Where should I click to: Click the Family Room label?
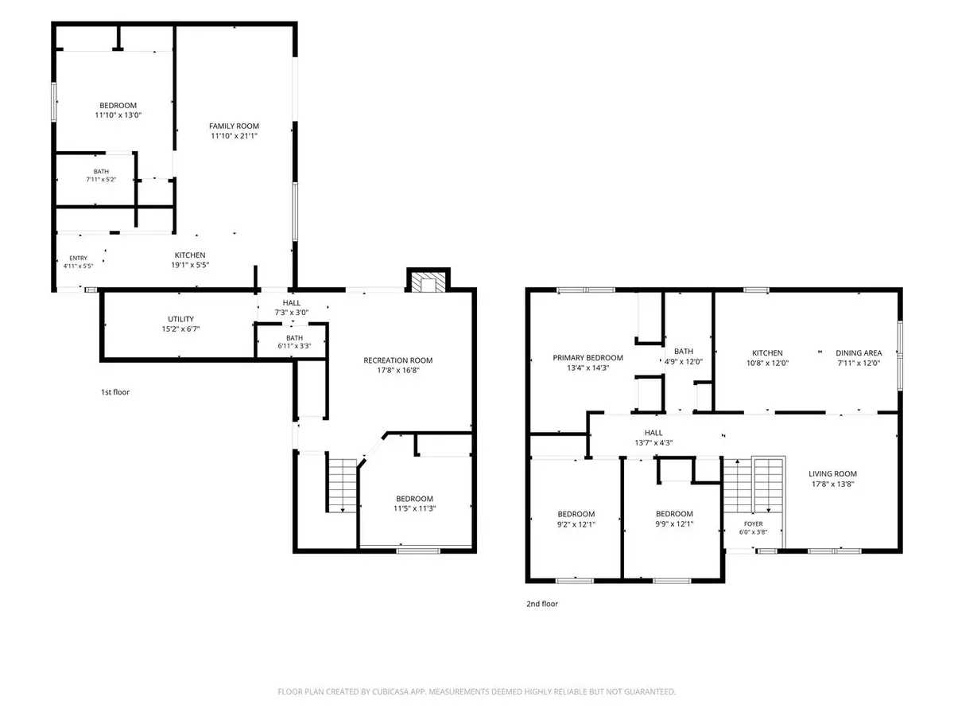point(234,126)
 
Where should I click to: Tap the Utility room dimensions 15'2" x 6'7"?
point(180,329)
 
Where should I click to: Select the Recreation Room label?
point(397,360)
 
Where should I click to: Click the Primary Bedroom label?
point(588,358)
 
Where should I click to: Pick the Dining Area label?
point(859,353)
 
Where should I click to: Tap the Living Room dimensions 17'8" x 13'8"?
point(832,484)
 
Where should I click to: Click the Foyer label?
point(753,523)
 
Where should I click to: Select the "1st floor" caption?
point(115,392)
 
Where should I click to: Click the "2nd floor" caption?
point(542,604)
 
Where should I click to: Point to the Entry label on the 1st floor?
point(78,259)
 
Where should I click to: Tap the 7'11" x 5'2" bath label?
point(101,176)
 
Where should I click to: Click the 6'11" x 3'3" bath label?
point(294,342)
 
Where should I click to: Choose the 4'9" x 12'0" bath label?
point(683,356)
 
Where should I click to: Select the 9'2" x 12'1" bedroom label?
point(576,519)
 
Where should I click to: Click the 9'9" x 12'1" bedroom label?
point(674,519)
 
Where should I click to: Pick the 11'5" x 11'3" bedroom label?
point(414,504)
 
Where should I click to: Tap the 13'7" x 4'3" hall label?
point(653,438)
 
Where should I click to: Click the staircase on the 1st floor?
point(343,485)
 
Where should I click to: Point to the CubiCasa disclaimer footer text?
point(476,691)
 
